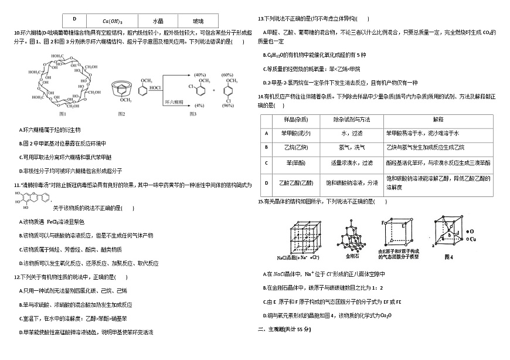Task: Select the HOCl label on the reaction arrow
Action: [x=155, y=88]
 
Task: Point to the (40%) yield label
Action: [x=200, y=75]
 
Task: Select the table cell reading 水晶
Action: [x=157, y=21]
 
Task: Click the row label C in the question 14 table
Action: [x=266, y=162]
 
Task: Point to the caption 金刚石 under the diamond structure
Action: [x=355, y=256]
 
